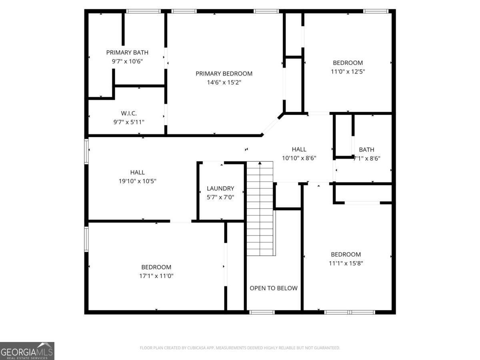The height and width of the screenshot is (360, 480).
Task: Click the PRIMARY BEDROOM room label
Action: point(224,74)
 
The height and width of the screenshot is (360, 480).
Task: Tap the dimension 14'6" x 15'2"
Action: point(224,82)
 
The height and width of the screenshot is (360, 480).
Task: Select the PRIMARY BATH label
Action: point(127,52)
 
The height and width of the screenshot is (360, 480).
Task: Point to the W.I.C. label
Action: point(129,113)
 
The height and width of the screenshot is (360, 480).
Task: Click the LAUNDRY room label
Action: point(220,188)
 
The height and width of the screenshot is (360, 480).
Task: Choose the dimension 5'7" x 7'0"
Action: point(220,197)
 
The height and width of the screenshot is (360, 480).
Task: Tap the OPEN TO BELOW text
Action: point(274,288)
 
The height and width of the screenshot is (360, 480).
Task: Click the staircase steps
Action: point(260,208)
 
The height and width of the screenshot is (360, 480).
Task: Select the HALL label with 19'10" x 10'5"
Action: point(137,172)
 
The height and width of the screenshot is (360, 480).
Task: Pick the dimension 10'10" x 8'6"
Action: point(299,158)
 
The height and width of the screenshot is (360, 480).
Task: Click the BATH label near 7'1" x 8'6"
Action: point(366,150)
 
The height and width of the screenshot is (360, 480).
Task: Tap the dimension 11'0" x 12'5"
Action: point(348,72)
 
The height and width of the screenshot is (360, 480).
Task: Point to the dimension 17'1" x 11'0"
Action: point(156,276)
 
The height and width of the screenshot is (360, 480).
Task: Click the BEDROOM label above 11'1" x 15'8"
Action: point(346,254)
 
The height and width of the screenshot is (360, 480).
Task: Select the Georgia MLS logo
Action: point(27,351)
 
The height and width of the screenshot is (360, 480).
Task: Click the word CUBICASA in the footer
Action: point(196,348)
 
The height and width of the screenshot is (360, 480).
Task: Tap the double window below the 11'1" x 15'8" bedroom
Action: point(350,312)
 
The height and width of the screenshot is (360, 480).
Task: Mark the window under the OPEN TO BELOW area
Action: point(262,312)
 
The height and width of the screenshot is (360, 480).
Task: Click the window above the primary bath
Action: point(144,11)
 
